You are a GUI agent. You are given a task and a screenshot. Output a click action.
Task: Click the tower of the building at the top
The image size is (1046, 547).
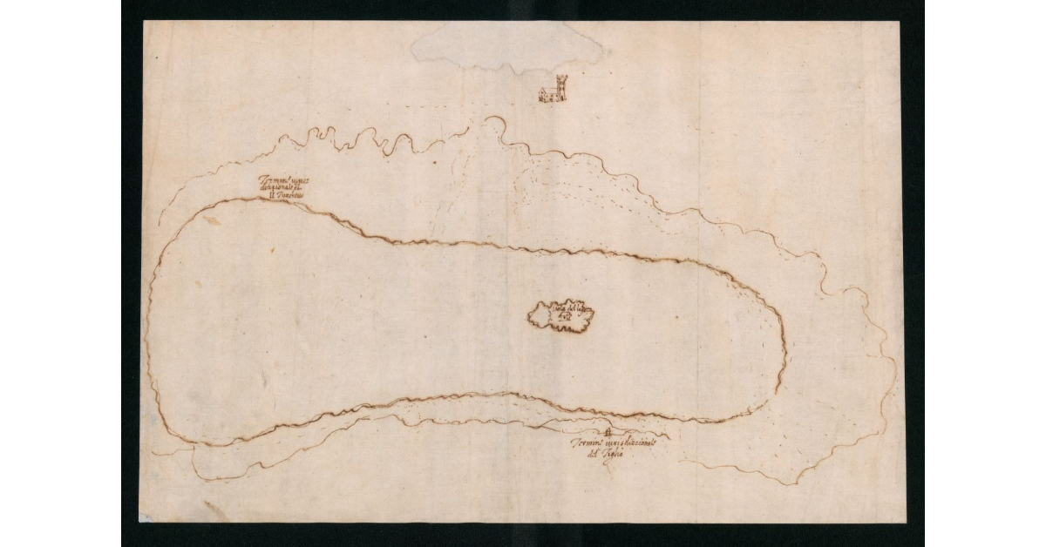point(560,87)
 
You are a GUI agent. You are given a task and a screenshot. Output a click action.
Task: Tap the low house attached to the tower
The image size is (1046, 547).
point(547,94)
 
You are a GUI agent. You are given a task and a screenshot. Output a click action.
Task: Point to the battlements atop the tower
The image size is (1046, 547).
point(560,77)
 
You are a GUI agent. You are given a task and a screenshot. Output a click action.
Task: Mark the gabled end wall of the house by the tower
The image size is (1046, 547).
point(541,95)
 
